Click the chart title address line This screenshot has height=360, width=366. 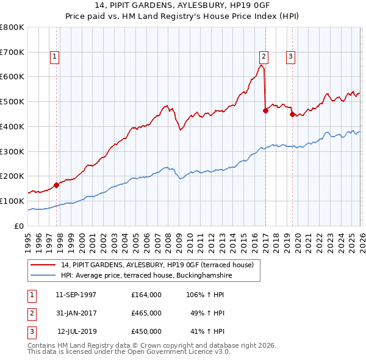click(x=182, y=7)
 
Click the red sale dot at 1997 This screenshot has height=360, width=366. click(x=56, y=185)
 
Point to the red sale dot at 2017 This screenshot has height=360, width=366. click(x=265, y=110)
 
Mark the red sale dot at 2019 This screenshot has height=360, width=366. click(x=292, y=114)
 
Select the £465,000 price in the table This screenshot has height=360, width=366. click(x=146, y=313)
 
